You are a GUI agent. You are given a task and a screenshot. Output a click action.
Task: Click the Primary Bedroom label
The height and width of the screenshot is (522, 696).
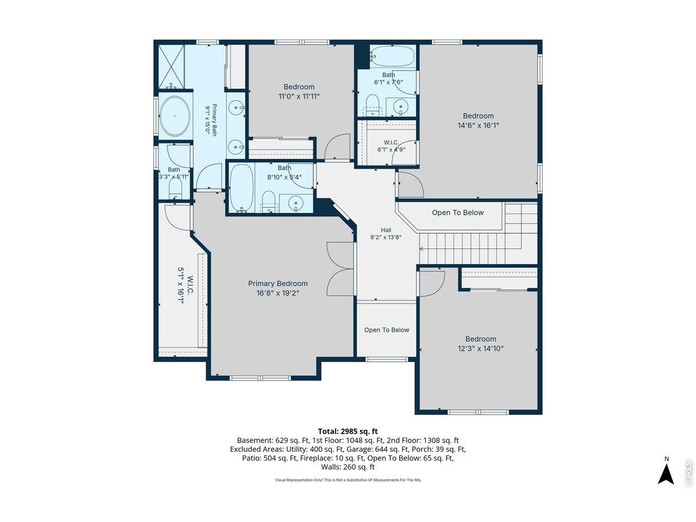pyautogui.click(x=277, y=283)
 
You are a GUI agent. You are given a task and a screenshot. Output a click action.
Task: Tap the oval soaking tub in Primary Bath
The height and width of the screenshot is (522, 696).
pyautogui.click(x=175, y=116)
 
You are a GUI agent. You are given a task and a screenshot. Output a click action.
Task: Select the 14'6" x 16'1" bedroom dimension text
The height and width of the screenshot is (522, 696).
pyautogui.click(x=478, y=126)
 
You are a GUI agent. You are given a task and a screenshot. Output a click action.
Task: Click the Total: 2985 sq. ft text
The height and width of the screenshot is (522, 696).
pyautogui.click(x=348, y=431)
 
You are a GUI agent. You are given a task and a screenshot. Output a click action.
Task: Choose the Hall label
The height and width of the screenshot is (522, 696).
pyautogui.click(x=386, y=230)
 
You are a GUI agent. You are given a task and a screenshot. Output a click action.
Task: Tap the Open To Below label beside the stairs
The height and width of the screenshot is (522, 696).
pyautogui.click(x=457, y=213)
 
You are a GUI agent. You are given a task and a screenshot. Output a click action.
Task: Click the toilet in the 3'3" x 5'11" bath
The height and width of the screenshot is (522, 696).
pyautogui.click(x=175, y=189)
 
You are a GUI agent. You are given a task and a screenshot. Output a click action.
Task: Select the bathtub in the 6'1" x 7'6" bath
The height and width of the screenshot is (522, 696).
pyautogui.click(x=392, y=57)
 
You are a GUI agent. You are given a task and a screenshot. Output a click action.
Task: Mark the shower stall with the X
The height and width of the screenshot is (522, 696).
pyautogui.click(x=171, y=66)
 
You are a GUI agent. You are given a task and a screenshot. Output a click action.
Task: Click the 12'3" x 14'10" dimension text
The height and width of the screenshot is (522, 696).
pyautogui.click(x=480, y=349)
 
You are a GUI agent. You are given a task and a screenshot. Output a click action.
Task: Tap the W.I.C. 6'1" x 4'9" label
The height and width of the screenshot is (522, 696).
pyautogui.click(x=391, y=146)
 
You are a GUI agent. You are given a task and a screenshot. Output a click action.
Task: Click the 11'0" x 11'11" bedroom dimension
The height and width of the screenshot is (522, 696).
pyautogui.click(x=299, y=96)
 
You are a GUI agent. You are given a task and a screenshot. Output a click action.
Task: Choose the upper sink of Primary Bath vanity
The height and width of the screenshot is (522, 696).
pyautogui.click(x=236, y=108)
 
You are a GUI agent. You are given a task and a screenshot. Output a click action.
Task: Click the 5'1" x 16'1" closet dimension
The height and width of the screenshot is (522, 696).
pyautogui.click(x=181, y=286)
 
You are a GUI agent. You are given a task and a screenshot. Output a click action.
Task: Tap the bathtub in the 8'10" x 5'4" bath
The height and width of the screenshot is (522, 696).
pyautogui.click(x=241, y=188)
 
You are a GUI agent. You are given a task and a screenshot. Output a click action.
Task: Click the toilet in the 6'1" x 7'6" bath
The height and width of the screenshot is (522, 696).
pyautogui.click(x=372, y=105)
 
